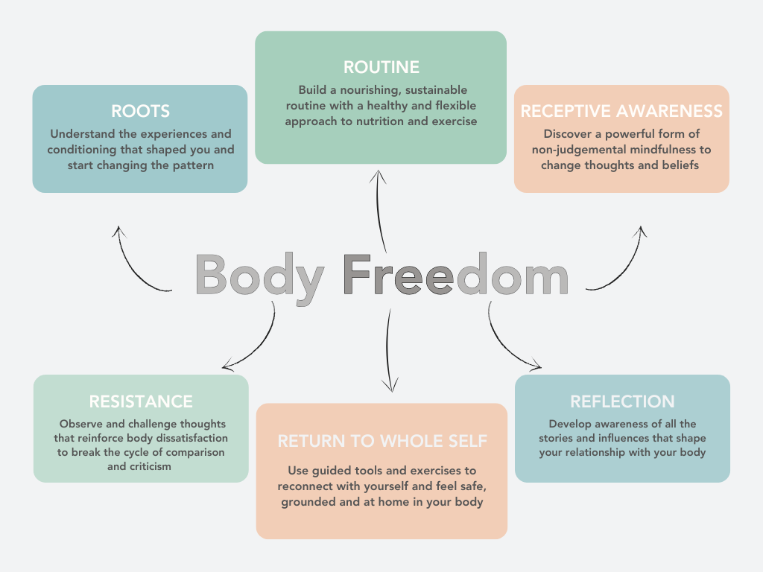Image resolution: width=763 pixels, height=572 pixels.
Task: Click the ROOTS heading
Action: click(x=140, y=112)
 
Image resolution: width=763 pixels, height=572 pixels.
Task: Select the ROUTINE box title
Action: click(x=381, y=67)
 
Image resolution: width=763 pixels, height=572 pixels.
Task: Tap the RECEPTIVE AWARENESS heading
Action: click(x=621, y=112)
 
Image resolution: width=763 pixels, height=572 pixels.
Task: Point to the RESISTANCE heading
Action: click(x=141, y=401)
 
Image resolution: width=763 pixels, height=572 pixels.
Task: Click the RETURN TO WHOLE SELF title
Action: click(x=382, y=441)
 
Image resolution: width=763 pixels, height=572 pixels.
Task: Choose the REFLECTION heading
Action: click(x=622, y=401)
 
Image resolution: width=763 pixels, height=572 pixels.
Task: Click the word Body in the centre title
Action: click(x=259, y=275)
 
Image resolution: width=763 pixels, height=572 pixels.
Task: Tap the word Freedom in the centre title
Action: click(x=456, y=275)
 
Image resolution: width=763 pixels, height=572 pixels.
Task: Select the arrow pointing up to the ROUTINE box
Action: click(x=381, y=212)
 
